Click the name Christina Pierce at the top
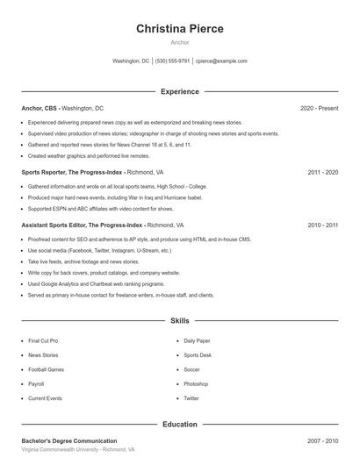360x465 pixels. [x=180, y=29]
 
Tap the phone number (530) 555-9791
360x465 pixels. [x=173, y=61]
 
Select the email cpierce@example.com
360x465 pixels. [x=221, y=61]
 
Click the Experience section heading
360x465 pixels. [x=180, y=91]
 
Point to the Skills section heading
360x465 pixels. [x=180, y=321]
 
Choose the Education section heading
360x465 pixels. [x=180, y=424]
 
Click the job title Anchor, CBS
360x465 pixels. [x=40, y=108]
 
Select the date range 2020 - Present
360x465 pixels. [x=319, y=108]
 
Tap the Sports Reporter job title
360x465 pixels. [x=72, y=173]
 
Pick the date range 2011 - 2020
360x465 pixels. [x=323, y=173]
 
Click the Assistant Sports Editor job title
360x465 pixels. [x=83, y=225]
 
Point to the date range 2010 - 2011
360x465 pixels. [x=323, y=225]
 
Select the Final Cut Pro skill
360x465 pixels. [x=43, y=340]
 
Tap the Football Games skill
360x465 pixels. [x=46, y=369]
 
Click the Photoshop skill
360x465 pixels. [x=196, y=383]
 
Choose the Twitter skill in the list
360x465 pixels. [x=191, y=398]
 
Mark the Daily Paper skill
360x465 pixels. [x=197, y=340]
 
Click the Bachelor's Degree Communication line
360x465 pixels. [x=69, y=440]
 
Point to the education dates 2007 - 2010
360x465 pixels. [x=323, y=440]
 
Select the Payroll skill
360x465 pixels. [x=36, y=383]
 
